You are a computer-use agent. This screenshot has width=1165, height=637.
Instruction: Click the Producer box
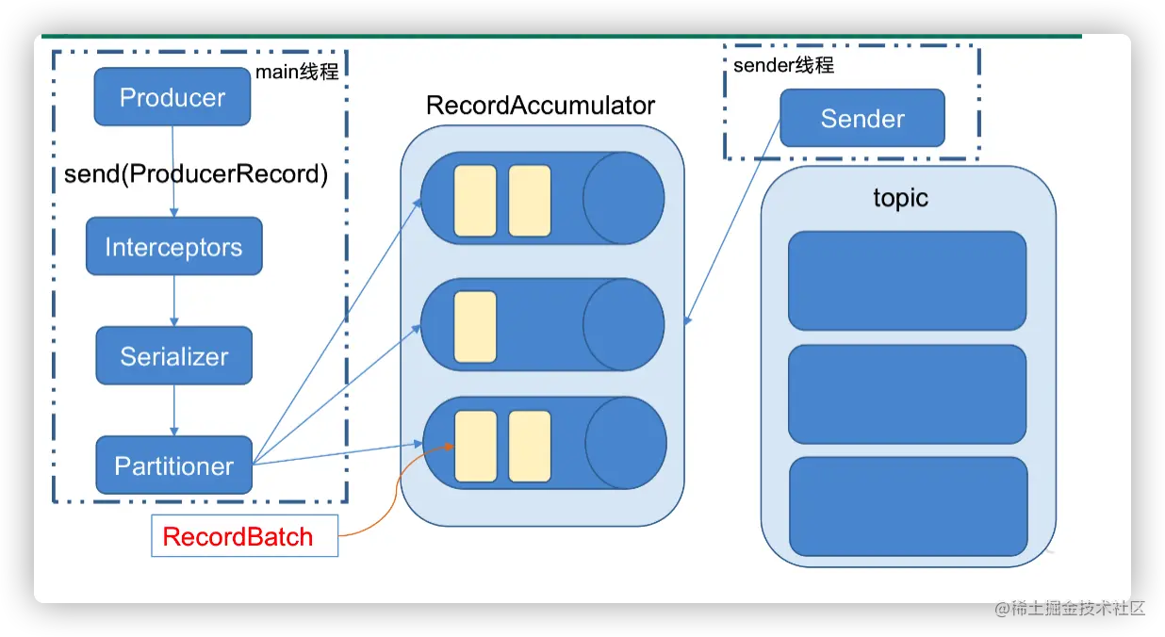[172, 98]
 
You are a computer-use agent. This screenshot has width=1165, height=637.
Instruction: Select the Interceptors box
[173, 248]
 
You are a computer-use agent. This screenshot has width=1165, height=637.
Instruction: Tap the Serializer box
[174, 356]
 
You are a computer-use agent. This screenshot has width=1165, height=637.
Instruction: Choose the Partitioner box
[174, 465]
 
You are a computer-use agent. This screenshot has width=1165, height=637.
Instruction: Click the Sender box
[862, 119]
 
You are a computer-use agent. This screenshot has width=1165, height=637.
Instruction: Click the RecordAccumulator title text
[540, 105]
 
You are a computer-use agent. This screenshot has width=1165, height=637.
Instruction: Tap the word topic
[900, 199]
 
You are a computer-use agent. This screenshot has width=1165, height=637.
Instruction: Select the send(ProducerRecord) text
[195, 174]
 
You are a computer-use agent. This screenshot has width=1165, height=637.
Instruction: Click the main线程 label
[297, 72]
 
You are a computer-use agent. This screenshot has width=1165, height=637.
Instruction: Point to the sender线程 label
[783, 66]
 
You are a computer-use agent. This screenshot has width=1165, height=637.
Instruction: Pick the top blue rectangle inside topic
[907, 281]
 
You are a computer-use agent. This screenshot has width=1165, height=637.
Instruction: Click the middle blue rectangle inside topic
[907, 394]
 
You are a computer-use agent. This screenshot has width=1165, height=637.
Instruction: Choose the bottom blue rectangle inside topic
[908, 506]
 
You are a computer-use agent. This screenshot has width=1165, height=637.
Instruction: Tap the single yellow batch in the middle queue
[475, 327]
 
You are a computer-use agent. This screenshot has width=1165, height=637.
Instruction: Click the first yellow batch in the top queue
[475, 201]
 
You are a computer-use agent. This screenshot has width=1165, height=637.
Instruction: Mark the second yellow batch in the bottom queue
[530, 447]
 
